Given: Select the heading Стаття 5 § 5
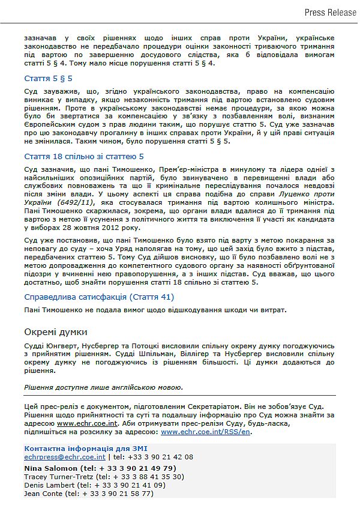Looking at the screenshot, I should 49,79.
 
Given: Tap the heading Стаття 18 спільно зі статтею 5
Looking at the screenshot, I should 84,157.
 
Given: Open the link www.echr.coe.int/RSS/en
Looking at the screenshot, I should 206,432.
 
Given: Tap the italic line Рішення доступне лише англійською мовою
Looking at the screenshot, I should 104,387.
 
